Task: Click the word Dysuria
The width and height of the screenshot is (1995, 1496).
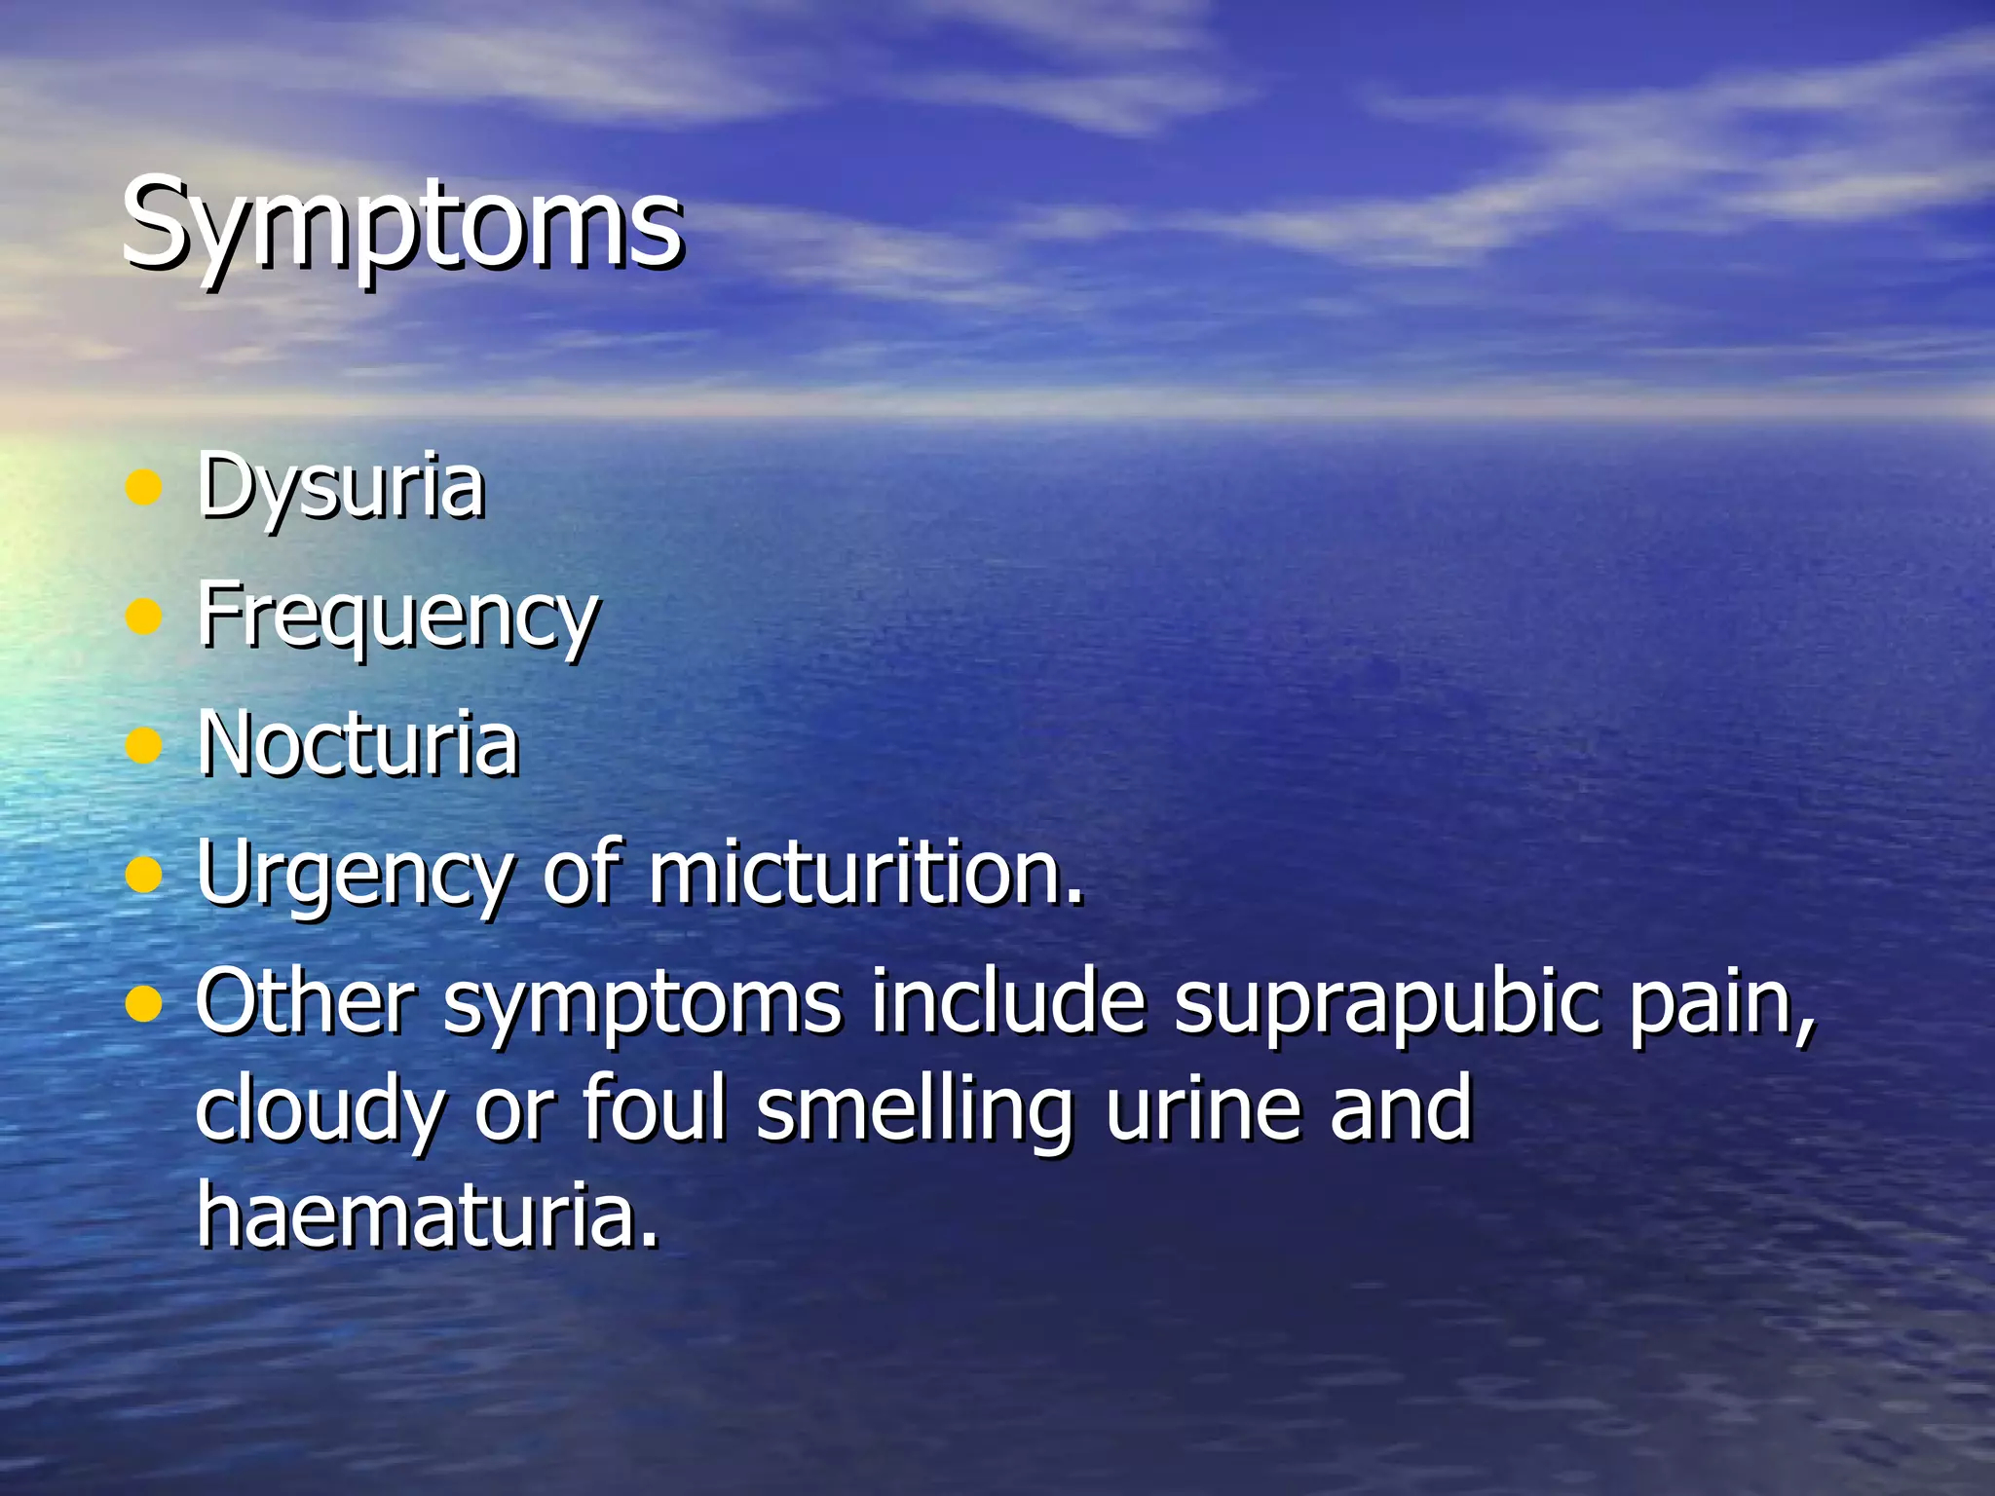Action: click(x=340, y=487)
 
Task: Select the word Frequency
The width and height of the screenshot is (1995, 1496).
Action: click(x=397, y=617)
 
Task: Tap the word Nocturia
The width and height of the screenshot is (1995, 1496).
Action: click(x=358, y=744)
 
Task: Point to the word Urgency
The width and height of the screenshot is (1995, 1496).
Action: click(x=353, y=874)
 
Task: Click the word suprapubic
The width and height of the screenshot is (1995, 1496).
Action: click(x=1385, y=1003)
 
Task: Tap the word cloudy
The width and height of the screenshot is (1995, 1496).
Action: click(x=320, y=1110)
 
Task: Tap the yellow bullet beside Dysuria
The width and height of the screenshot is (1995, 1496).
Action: click(x=144, y=488)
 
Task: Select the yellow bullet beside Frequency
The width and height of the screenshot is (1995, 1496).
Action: click(x=144, y=617)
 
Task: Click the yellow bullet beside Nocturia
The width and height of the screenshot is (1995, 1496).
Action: click(x=144, y=746)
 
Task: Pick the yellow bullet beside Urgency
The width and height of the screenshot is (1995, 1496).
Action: click(x=144, y=875)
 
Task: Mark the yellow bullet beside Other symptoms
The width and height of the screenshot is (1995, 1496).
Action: click(x=144, y=1003)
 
